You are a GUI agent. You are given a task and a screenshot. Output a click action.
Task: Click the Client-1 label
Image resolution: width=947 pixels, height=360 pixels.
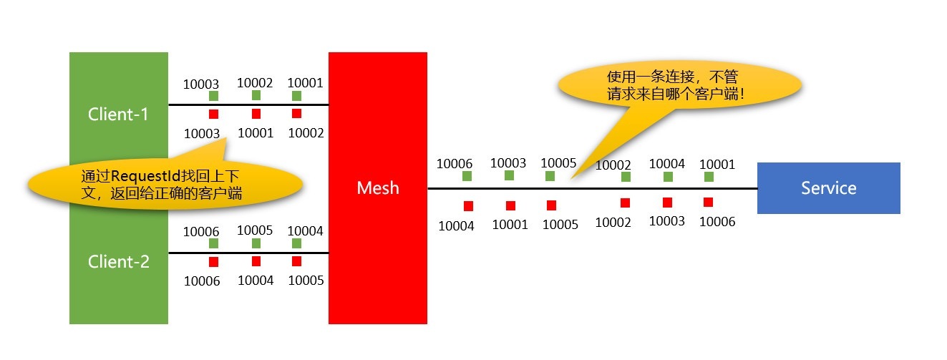click(118, 114)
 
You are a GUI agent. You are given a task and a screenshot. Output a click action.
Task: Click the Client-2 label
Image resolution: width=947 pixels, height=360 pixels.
click(118, 262)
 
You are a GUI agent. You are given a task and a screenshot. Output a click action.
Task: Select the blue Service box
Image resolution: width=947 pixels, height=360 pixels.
click(828, 188)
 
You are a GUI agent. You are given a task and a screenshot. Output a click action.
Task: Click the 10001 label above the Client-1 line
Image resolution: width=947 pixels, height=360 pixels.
click(305, 83)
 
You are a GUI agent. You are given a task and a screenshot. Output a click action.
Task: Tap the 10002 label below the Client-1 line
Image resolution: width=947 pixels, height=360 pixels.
click(306, 133)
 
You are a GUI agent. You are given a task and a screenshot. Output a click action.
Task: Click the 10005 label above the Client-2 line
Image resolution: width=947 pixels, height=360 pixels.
click(255, 230)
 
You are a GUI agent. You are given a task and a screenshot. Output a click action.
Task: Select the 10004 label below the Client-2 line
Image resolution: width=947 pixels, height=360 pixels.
click(255, 281)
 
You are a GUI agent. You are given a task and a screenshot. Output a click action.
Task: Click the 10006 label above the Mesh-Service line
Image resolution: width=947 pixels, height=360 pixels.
click(455, 164)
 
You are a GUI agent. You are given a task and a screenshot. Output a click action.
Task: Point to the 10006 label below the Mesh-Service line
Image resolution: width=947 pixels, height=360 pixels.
click(717, 222)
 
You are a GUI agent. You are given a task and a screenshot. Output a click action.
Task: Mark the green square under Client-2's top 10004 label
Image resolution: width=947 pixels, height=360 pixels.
click(296, 243)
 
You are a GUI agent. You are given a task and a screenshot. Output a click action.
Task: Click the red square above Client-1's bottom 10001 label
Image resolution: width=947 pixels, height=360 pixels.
click(256, 114)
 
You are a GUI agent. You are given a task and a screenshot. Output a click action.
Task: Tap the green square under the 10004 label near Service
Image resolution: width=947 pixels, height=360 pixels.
click(668, 177)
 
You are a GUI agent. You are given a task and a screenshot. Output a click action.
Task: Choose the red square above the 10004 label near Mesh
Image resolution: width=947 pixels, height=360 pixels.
click(468, 206)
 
